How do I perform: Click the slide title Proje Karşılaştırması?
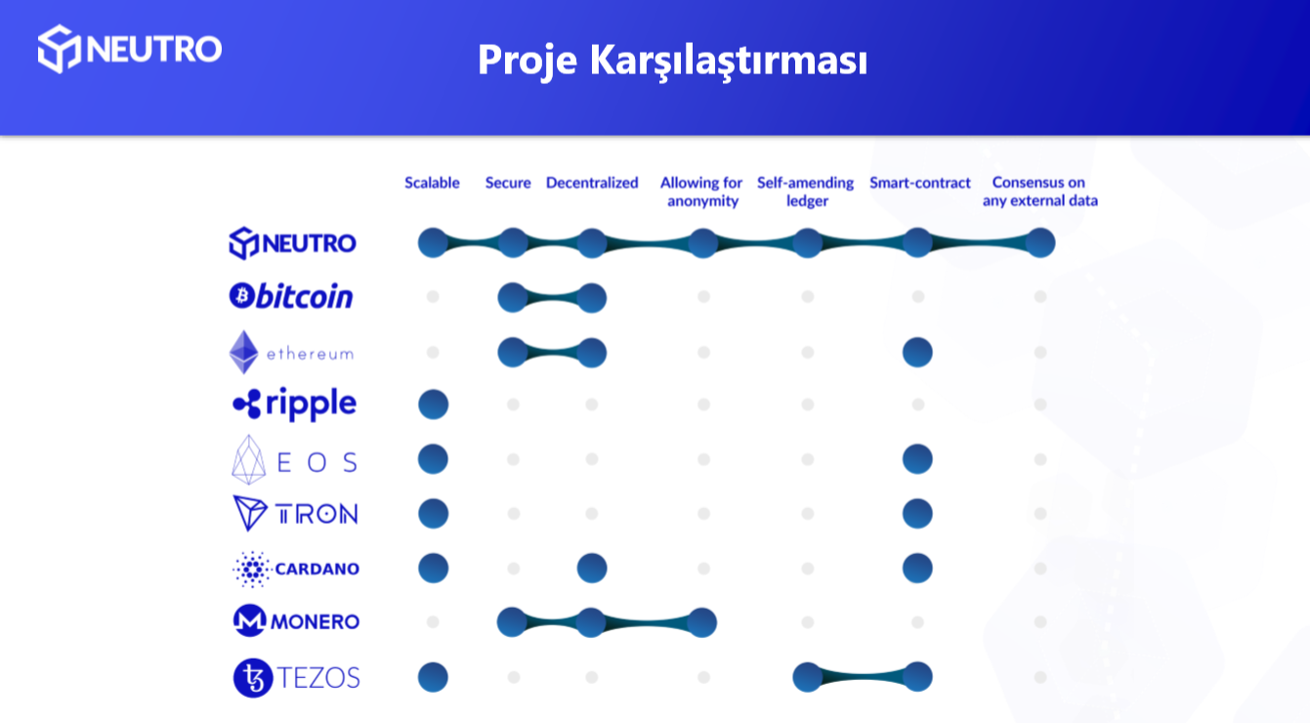pos(672,61)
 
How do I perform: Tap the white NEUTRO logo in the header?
pos(130,49)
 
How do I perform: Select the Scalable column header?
pos(432,183)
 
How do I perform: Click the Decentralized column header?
pos(592,183)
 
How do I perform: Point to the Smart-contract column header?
pos(920,183)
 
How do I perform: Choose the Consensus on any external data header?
pos(1039,191)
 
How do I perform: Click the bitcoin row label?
pos(291,295)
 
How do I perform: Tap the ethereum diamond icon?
pos(243,352)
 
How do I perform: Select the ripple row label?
pos(294,404)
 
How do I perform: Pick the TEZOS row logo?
pos(297,678)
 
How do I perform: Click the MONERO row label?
pos(297,620)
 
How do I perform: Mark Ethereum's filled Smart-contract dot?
pos(917,352)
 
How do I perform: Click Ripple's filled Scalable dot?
pos(434,404)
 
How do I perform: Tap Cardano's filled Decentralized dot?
pos(592,568)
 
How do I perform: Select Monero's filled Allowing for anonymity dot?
pos(701,622)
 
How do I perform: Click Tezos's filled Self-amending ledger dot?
pos(808,677)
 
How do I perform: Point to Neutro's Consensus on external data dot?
pos(1040,242)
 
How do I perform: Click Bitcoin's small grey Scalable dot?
pos(433,297)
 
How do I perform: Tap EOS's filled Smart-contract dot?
pos(917,459)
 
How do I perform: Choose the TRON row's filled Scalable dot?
pos(434,514)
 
